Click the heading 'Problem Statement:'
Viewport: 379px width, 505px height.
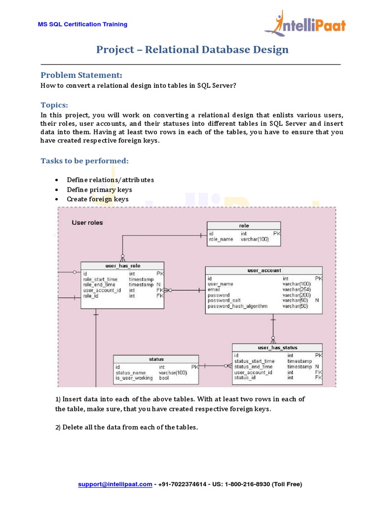click(x=81, y=75)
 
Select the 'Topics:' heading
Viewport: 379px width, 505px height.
click(x=54, y=105)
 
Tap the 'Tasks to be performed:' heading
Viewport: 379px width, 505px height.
click(x=84, y=161)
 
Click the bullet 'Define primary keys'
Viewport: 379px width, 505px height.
click(x=99, y=189)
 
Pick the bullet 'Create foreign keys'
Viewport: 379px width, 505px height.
click(x=98, y=199)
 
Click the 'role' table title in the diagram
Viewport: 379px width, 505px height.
click(x=244, y=226)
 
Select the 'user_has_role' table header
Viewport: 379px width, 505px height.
click(x=122, y=266)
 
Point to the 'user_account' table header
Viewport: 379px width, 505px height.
click(x=264, y=270)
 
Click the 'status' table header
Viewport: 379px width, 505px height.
click(x=156, y=360)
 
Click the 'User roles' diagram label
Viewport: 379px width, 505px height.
click(x=87, y=223)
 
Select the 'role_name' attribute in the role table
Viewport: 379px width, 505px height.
click(x=221, y=239)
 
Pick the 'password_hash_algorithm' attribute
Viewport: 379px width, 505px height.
click(x=238, y=306)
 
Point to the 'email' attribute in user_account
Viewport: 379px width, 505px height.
click(x=214, y=289)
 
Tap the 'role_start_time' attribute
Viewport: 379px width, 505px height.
click(x=100, y=279)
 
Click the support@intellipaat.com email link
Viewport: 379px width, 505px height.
click(x=115, y=484)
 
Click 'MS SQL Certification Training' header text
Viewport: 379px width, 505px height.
click(x=83, y=24)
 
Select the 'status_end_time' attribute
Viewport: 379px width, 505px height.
click(x=253, y=366)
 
